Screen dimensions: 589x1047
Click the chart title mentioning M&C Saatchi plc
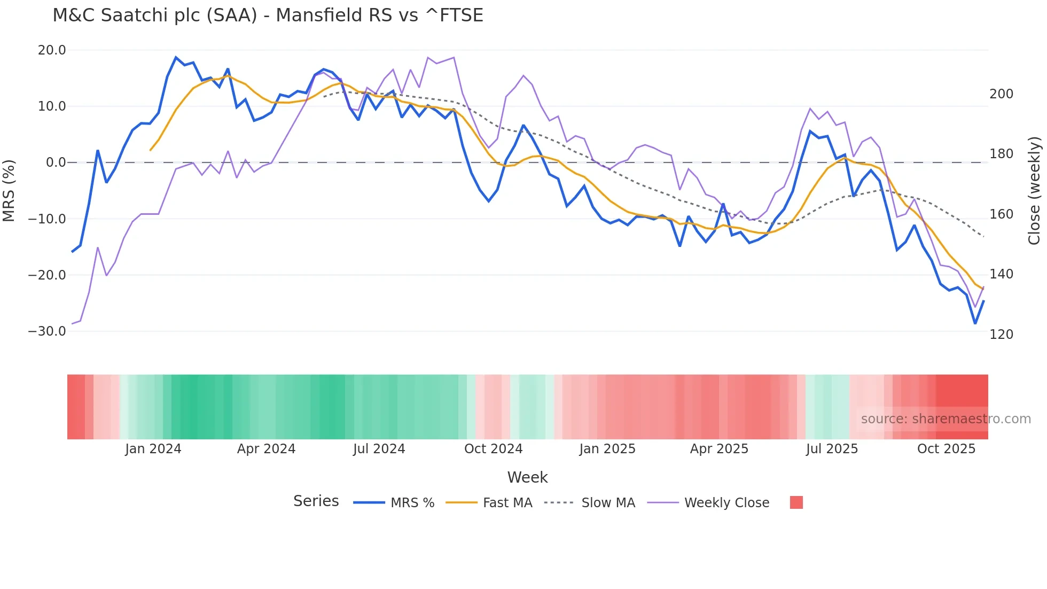coord(268,15)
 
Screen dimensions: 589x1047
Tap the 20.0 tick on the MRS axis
coord(52,50)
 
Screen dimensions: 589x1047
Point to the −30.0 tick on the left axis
coord(47,331)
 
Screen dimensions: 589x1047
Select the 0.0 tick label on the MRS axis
coord(56,162)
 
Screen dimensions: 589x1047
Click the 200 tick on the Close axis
coord(1001,94)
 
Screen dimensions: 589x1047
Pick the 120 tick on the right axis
coord(1001,335)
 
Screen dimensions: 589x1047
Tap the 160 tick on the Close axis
coord(1001,214)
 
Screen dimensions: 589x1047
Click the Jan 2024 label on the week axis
coord(153,449)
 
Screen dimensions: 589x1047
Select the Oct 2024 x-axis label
coord(493,449)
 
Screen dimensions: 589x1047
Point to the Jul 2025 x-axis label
coord(832,449)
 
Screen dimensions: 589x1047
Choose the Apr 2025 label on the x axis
coord(719,449)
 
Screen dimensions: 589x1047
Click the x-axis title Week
coord(527,477)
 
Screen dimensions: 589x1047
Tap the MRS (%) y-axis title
coord(9,191)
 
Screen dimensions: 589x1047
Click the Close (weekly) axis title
coord(1035,191)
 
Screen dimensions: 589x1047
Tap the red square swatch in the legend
coord(796,502)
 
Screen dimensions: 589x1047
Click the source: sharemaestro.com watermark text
coord(946,419)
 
